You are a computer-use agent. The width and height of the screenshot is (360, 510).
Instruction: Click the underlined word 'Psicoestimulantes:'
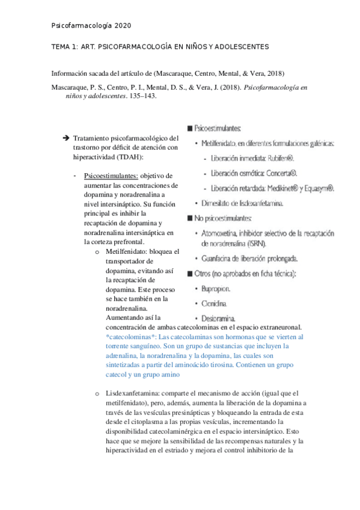click(111, 176)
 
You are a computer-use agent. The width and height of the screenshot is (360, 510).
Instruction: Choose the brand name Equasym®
click(319, 188)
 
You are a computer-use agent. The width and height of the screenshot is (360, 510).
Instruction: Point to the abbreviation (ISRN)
click(254, 243)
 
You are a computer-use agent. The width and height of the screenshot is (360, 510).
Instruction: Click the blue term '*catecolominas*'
click(132, 337)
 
